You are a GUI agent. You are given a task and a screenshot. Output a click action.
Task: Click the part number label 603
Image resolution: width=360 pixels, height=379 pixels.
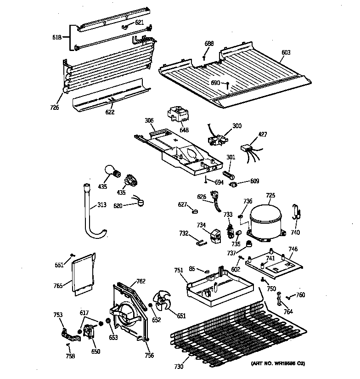click(x=286, y=53)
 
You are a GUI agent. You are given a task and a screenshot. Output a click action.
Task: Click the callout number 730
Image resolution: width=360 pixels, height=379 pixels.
click(x=179, y=366)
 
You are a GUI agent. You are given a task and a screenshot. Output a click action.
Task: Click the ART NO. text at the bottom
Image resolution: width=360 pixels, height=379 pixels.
click(x=278, y=364)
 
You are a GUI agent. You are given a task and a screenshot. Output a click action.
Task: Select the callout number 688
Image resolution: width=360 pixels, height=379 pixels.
click(x=209, y=44)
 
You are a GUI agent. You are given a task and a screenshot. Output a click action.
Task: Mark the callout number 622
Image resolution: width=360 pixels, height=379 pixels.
click(x=110, y=112)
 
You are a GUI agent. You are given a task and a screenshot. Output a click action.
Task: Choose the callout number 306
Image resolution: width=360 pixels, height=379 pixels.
click(x=149, y=121)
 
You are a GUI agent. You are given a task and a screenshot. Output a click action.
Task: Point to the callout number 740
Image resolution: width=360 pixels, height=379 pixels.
click(x=295, y=233)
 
